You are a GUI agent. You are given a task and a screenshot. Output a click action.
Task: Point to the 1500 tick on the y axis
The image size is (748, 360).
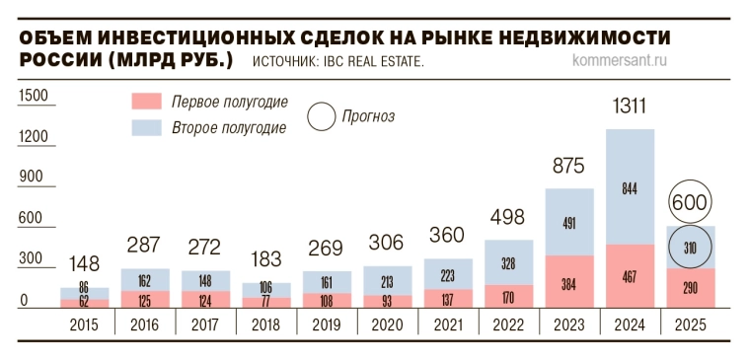(33, 95)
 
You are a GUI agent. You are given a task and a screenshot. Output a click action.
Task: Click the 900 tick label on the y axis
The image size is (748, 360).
(33, 178)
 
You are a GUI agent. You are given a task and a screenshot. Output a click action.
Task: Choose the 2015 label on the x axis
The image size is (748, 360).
(85, 324)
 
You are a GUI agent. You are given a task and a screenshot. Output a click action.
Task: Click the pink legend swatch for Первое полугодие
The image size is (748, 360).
(146, 103)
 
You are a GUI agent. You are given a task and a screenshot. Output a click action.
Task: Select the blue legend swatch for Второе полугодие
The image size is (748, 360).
(146, 127)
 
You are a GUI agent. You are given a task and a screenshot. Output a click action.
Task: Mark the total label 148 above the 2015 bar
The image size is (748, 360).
(85, 264)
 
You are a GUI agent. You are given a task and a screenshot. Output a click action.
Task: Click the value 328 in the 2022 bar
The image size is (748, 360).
(508, 263)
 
